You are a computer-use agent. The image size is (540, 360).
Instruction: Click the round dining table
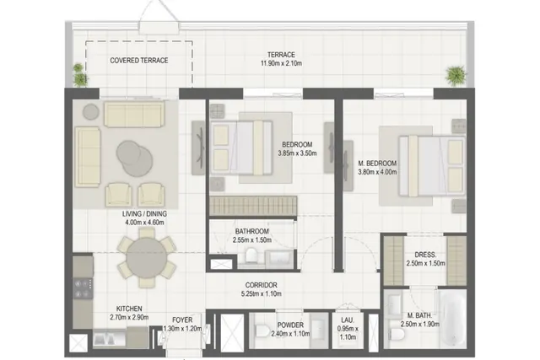(x=147, y=258)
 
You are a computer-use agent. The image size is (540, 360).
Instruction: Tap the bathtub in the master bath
(x=453, y=319)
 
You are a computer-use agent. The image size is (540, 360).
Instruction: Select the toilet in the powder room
(x=262, y=330)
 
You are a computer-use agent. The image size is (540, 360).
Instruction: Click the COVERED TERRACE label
(x=139, y=61)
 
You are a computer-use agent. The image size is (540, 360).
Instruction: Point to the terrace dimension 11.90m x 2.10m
(x=281, y=63)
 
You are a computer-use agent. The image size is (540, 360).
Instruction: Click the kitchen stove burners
(x=83, y=288)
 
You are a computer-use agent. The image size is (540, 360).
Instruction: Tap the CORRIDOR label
(x=261, y=285)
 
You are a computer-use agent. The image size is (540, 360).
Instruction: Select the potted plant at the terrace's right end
(x=456, y=76)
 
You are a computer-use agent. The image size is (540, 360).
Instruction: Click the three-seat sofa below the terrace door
(x=134, y=115)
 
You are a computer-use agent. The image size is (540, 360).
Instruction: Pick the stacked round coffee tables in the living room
(x=135, y=159)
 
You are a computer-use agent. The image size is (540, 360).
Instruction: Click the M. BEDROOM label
(x=377, y=163)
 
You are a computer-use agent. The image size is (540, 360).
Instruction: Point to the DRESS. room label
(x=425, y=255)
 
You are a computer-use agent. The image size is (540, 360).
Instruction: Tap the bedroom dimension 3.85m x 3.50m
(x=297, y=153)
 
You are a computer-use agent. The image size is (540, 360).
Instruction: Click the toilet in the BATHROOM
(x=251, y=256)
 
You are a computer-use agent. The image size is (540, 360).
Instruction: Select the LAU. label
(x=348, y=320)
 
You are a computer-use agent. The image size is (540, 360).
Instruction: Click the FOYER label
(x=182, y=320)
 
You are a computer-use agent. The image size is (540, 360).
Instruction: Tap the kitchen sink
(x=105, y=339)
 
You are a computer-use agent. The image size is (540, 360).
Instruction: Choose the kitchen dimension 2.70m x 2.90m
(x=129, y=317)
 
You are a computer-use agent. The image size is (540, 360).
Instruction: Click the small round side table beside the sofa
(x=91, y=112)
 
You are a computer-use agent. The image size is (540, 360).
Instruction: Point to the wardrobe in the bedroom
(x=253, y=206)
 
